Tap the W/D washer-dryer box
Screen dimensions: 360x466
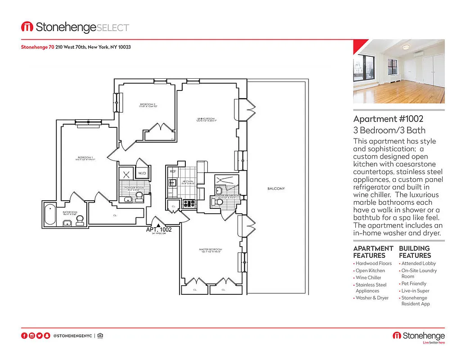click(142, 173)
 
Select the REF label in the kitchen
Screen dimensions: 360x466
click(173, 171)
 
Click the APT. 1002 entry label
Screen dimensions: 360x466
click(159, 229)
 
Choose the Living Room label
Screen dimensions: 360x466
click(206, 119)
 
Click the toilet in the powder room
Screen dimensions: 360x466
click(139, 197)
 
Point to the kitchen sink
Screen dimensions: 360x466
click(172, 183)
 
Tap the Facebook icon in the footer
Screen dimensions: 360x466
click(24, 336)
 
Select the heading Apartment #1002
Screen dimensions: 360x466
click(388, 119)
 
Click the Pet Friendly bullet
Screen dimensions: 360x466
click(413, 284)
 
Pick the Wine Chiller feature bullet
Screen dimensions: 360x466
click(368, 278)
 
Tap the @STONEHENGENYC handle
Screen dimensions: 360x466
click(72, 336)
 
